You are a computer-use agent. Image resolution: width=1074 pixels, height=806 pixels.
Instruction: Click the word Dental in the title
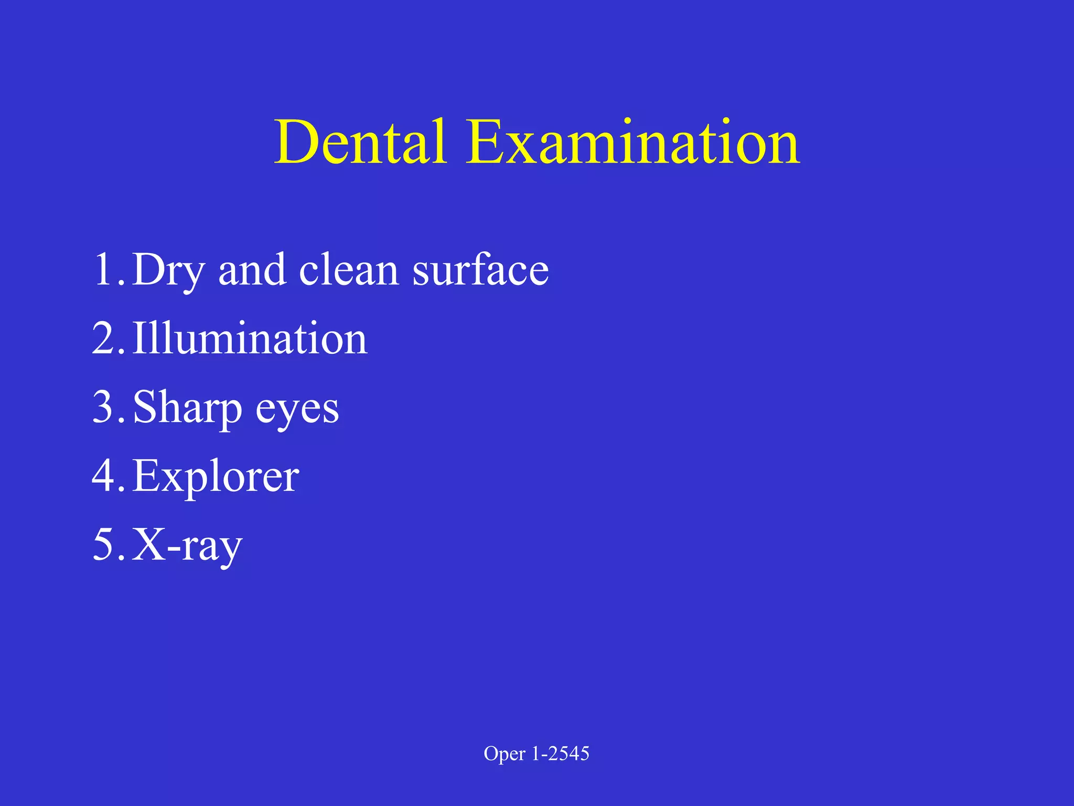(x=361, y=142)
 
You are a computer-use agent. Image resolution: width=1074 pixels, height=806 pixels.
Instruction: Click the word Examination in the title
(x=633, y=142)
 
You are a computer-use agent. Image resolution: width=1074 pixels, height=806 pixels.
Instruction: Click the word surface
(x=480, y=270)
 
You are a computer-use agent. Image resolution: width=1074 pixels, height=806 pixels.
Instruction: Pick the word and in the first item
(x=252, y=270)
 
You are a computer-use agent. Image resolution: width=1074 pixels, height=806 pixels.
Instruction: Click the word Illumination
(x=250, y=338)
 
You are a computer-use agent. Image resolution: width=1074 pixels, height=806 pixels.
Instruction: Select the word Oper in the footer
(x=504, y=754)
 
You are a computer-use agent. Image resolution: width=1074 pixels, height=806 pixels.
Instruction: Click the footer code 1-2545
(x=561, y=754)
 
